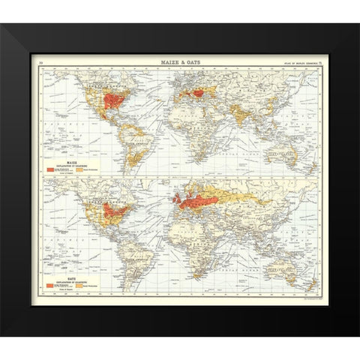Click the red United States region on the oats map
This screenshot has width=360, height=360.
(115, 210)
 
